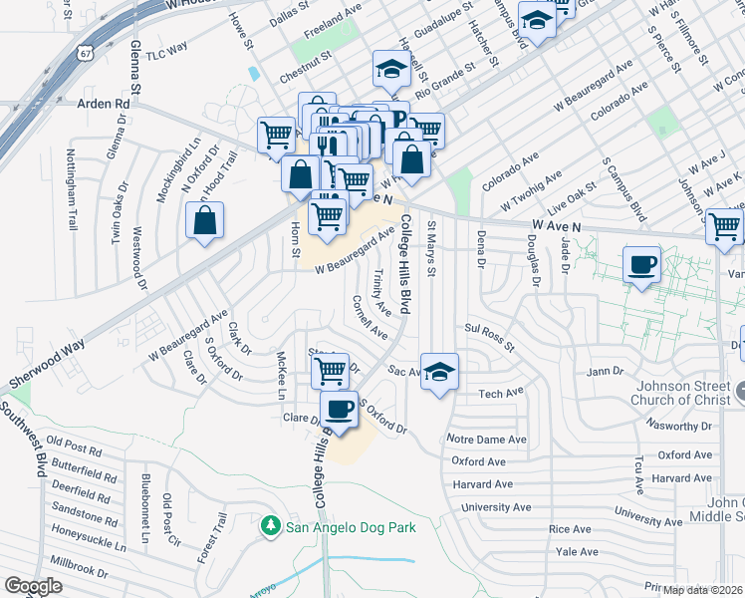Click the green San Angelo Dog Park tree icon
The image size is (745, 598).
click(269, 524)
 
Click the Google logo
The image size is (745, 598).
click(33, 586)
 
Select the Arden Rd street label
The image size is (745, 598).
click(104, 103)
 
